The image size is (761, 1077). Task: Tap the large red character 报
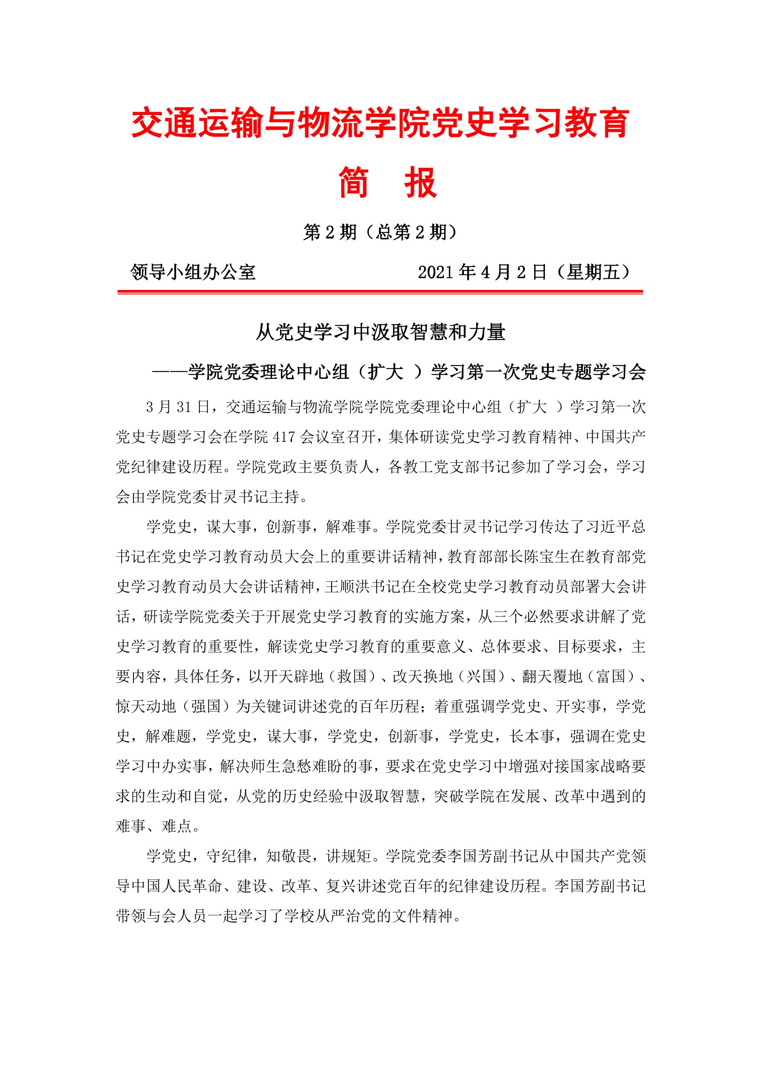click(x=421, y=182)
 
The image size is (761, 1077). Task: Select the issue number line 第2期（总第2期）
click(x=380, y=232)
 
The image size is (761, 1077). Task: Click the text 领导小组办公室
click(x=193, y=272)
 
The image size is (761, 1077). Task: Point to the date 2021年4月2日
click(x=483, y=272)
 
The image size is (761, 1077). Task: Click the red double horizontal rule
click(x=380, y=292)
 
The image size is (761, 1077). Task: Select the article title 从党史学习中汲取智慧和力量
click(x=380, y=333)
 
